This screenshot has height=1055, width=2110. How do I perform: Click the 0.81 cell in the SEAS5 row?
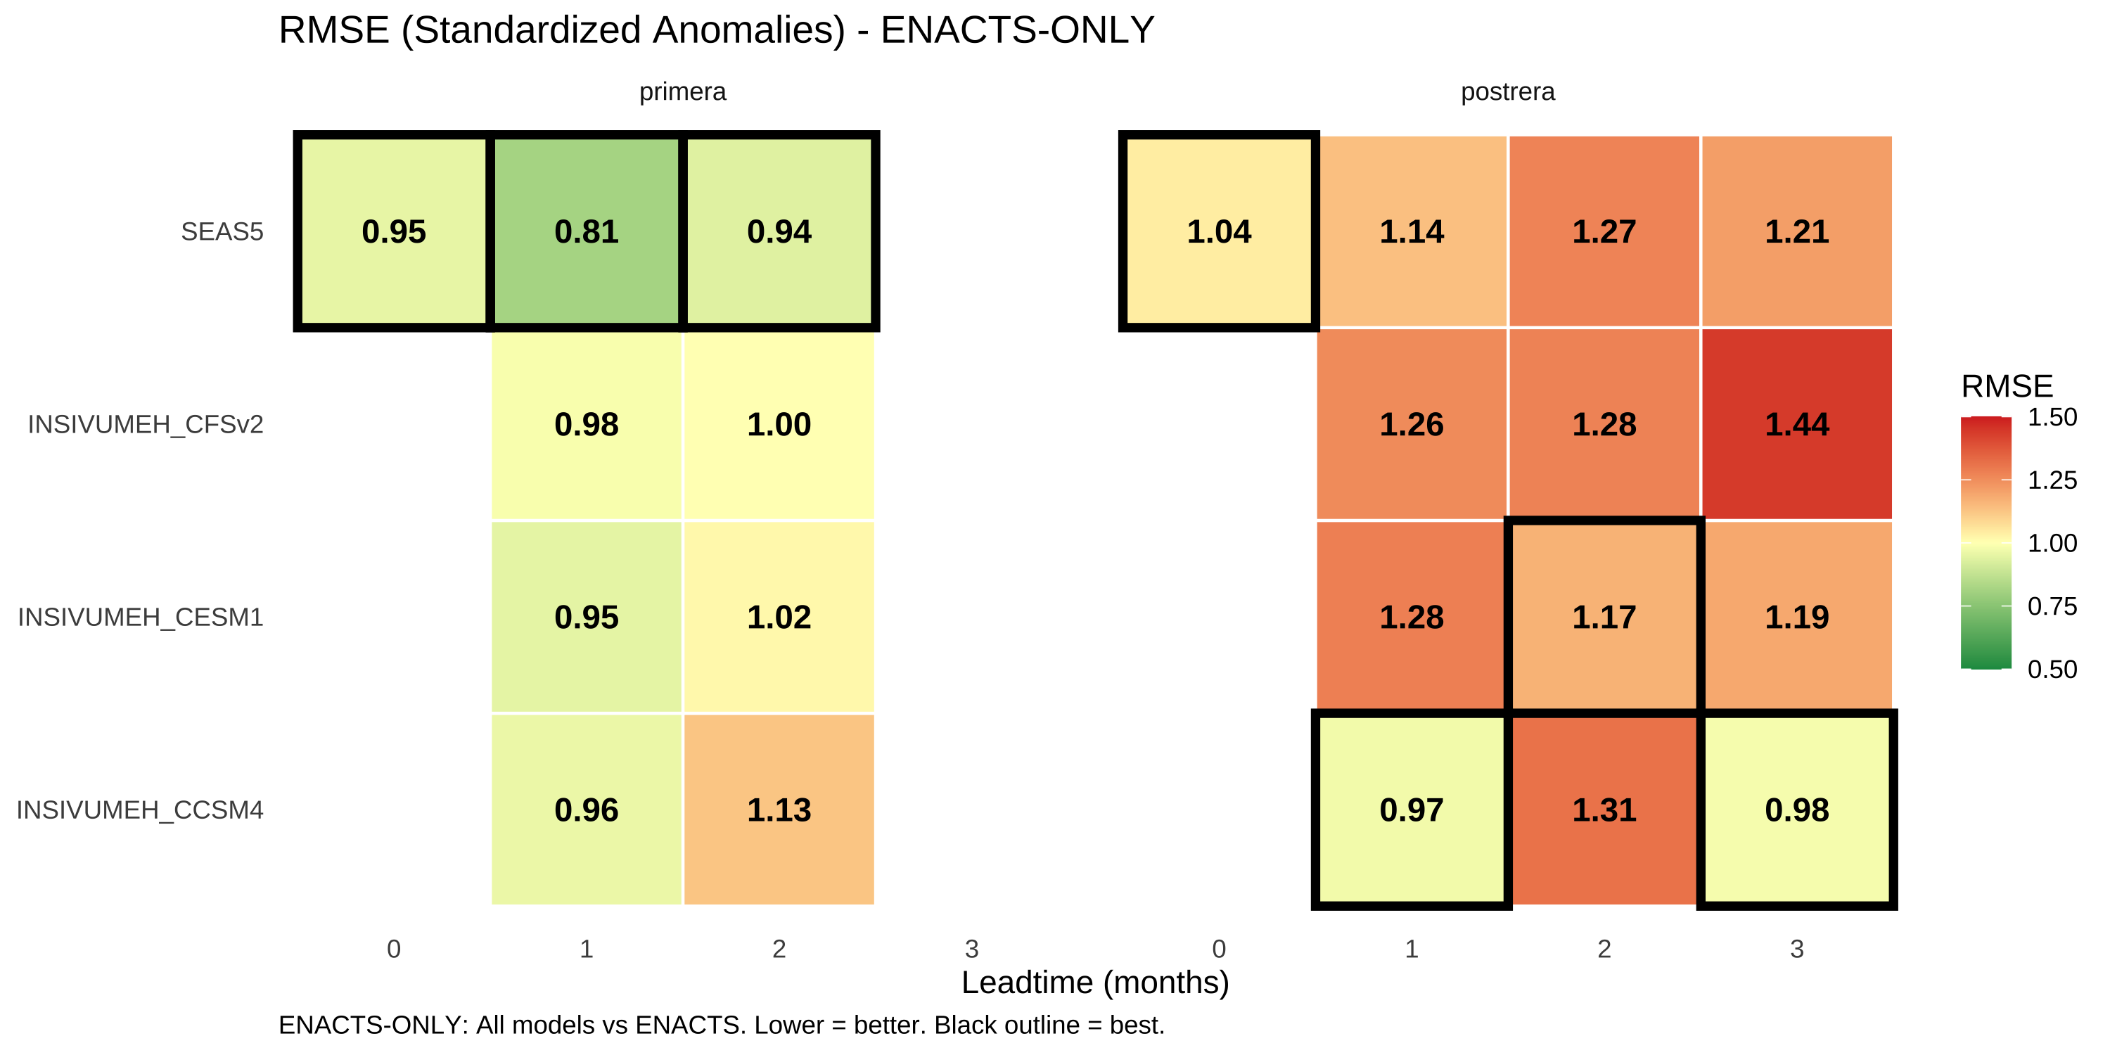coord(587,232)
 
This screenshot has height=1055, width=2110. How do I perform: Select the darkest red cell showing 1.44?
coord(1796,424)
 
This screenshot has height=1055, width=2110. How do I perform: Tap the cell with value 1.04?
coord(1219,232)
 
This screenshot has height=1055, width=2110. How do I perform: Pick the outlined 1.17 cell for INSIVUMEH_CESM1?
coord(1604,617)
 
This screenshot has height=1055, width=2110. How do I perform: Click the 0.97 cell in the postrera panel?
coord(1412,810)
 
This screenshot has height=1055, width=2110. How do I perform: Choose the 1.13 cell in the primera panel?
coord(779,810)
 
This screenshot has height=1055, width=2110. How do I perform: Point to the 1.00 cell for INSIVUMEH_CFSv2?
coord(779,424)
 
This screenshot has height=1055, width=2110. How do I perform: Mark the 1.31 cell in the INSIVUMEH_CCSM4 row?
coord(1604,810)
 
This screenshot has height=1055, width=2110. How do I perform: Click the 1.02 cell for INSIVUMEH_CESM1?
coord(779,617)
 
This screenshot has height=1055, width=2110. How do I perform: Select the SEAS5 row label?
coord(222,232)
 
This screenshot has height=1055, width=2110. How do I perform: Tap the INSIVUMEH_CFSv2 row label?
coord(146,424)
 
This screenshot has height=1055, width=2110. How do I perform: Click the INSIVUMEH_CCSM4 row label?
coord(140,810)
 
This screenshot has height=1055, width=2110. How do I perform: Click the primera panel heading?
coord(682,91)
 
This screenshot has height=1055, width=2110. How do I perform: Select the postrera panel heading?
coord(1508,91)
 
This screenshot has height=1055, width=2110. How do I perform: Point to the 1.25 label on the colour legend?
coord(2052,480)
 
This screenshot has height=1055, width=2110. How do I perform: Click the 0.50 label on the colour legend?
coord(2052,669)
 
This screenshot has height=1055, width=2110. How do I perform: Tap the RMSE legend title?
coord(2007,386)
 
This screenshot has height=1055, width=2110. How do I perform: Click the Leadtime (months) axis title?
coord(1095,982)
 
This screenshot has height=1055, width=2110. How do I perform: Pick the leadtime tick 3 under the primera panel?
coord(971,949)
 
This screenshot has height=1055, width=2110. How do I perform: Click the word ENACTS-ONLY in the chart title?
coord(1017,30)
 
